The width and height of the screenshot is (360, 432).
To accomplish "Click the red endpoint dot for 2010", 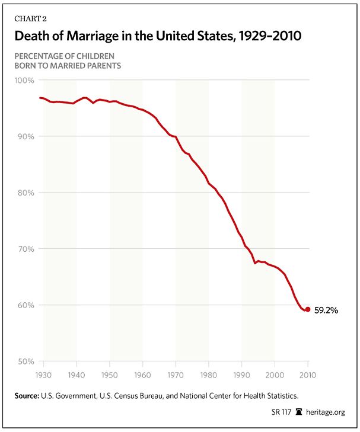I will coord(307,309).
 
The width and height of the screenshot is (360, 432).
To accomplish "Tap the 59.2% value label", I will coord(326,309).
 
